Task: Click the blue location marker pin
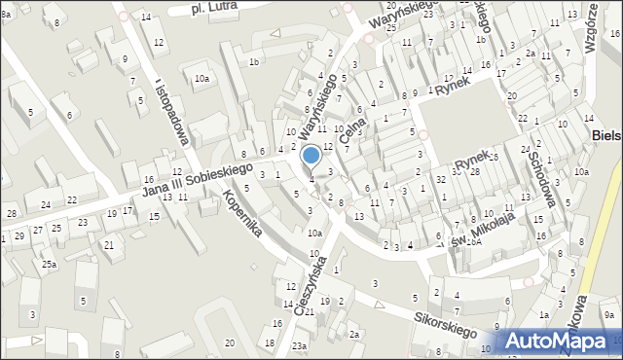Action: [x=311, y=157]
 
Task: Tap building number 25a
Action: [x=49, y=264]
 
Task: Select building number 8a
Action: [x=6, y=15]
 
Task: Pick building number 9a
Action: [x=608, y=314]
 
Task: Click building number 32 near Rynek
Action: [x=441, y=180]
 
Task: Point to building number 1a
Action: [x=545, y=315]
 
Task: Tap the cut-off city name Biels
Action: [x=606, y=137]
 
